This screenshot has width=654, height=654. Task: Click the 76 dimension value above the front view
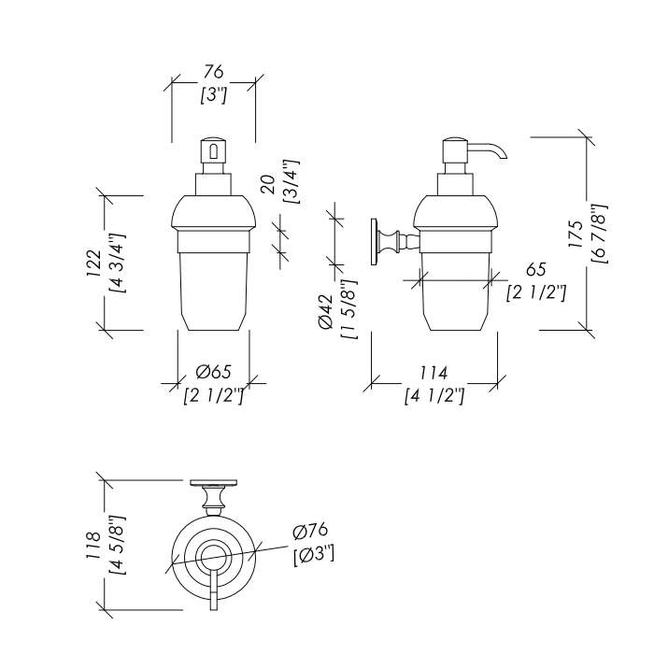pyautogui.click(x=214, y=72)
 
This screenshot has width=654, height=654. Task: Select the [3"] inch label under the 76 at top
pyautogui.click(x=213, y=95)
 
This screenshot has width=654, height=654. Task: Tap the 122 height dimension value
pyautogui.click(x=93, y=263)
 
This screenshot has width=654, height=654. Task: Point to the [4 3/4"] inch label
pyautogui.click(x=117, y=263)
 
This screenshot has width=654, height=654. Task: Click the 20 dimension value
pyautogui.click(x=268, y=185)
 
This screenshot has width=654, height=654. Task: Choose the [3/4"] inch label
pyautogui.click(x=291, y=181)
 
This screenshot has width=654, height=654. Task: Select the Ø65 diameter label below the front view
pyautogui.click(x=213, y=372)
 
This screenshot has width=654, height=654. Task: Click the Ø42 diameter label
pyautogui.click(x=326, y=312)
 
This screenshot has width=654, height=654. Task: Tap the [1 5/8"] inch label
pyautogui.click(x=348, y=308)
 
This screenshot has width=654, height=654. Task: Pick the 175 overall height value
pyautogui.click(x=576, y=234)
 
